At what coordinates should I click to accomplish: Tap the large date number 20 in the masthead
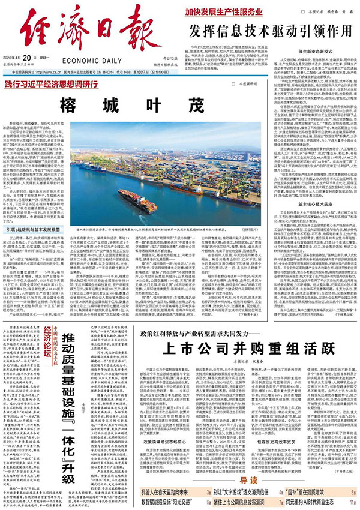(x=32, y=58)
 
